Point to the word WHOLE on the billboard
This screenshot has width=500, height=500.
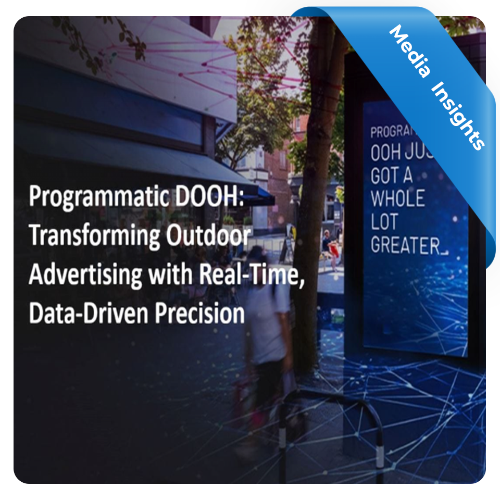pos(398,198)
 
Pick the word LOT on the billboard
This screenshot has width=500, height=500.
pos(384,222)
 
